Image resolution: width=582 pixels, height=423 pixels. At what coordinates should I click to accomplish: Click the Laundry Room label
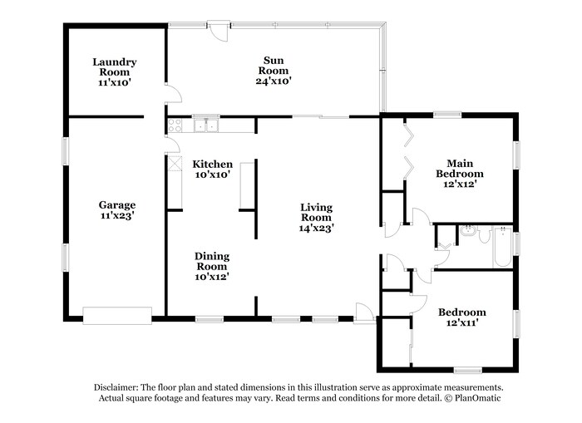pos(115,72)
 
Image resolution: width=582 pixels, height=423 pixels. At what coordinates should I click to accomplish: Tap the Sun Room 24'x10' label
pos(274,70)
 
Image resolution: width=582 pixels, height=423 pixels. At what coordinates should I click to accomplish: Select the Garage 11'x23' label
pos(116,210)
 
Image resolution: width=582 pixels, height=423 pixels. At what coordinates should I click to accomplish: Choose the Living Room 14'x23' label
pos(316,216)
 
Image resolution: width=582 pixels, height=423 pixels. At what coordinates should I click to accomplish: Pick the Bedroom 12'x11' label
pos(461,317)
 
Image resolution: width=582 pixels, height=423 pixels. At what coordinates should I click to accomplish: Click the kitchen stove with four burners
pos(175,125)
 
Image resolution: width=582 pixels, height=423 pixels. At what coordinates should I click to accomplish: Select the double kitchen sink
pos(206,125)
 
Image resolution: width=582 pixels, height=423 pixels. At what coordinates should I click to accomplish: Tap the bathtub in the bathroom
pos(502,246)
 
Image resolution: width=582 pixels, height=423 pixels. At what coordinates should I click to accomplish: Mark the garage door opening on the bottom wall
pos(117,316)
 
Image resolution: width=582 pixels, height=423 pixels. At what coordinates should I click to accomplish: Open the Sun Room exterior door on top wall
pos(218,28)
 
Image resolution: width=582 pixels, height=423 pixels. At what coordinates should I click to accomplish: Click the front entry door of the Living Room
pos(363,312)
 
